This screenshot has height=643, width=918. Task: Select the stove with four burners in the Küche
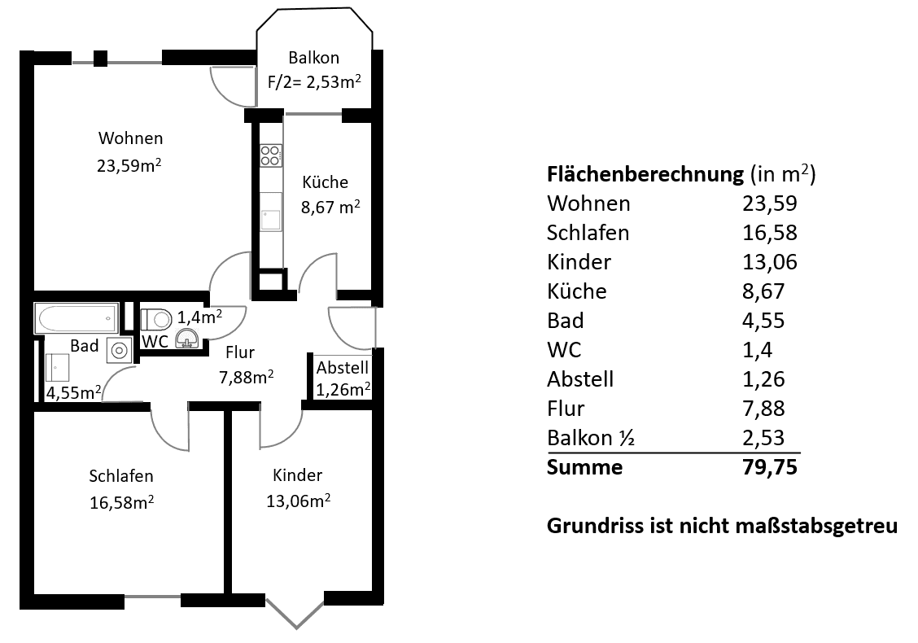click(x=271, y=155)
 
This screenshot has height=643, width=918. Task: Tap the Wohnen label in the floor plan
click(x=130, y=138)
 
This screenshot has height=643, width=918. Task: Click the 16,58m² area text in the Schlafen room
click(x=122, y=502)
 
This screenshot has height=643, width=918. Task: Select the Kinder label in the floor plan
click(x=298, y=475)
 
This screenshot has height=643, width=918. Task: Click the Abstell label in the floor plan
click(x=343, y=367)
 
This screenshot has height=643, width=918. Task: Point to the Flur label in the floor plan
click(x=241, y=352)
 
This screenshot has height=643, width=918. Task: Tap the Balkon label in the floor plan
click(x=313, y=58)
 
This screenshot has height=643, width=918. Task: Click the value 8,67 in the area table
click(x=763, y=291)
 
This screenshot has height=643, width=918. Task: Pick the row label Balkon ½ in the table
click(x=591, y=438)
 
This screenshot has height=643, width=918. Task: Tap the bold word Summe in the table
click(x=584, y=467)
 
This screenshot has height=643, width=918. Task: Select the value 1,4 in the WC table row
click(x=757, y=350)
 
